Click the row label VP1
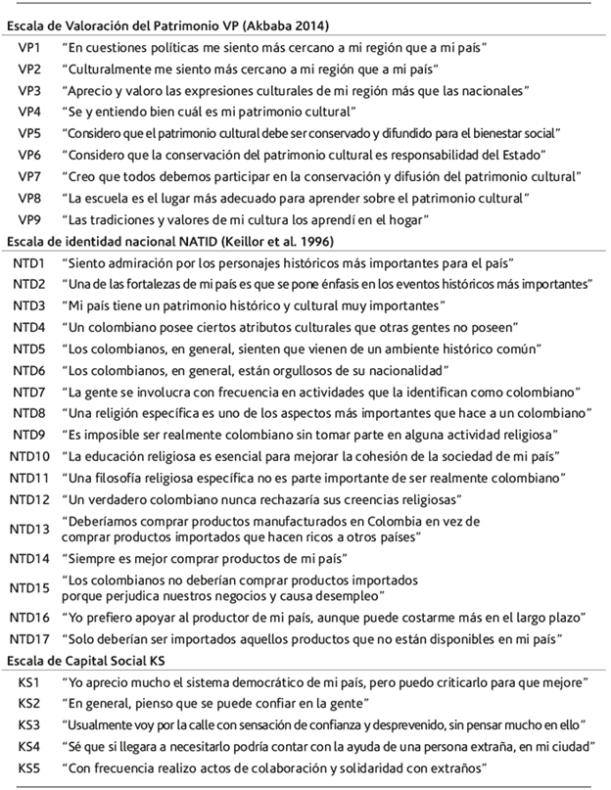(29, 48)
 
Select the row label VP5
(29, 133)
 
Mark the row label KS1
(28, 682)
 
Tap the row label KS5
(28, 768)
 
